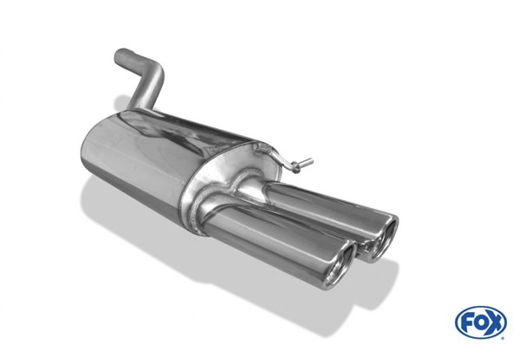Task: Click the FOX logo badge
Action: click(x=481, y=322)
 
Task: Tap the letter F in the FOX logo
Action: click(x=467, y=322)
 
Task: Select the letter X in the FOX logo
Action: click(x=495, y=322)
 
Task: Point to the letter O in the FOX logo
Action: click(x=481, y=322)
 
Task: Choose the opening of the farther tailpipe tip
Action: click(x=385, y=236)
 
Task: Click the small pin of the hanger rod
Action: click(x=304, y=163)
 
